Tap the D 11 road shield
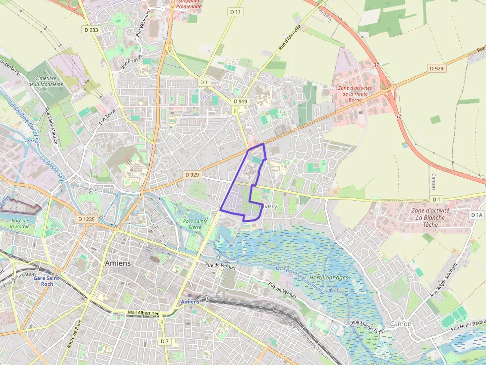[x=235, y=11]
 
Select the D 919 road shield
[x=240, y=102]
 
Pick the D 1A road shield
[x=477, y=215]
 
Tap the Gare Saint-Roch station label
[x=47, y=281]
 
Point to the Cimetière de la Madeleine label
[x=46, y=81]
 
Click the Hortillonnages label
[x=328, y=278]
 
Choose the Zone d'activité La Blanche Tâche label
[x=430, y=217]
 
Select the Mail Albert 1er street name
[x=143, y=313]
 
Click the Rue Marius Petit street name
[x=367, y=326]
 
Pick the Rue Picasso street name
[x=131, y=61]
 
